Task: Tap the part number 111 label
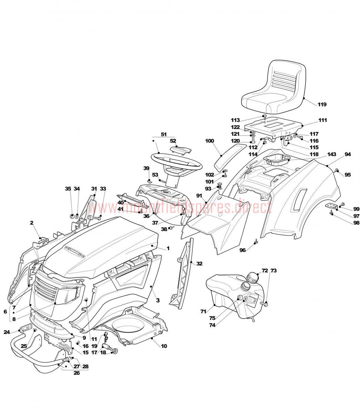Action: [x=322, y=120]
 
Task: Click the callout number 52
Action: [x=173, y=141]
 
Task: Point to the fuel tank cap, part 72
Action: [x=253, y=277]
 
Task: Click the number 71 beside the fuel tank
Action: [x=203, y=312]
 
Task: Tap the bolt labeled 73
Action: [x=266, y=304]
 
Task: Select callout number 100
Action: [x=209, y=141]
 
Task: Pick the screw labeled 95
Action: [x=337, y=170]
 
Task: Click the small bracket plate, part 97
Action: [x=331, y=206]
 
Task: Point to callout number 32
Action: [x=199, y=264]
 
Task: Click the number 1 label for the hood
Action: [x=168, y=248]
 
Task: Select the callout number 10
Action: [x=164, y=346]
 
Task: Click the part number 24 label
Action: [x=7, y=332]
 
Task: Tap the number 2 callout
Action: [x=32, y=223]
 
